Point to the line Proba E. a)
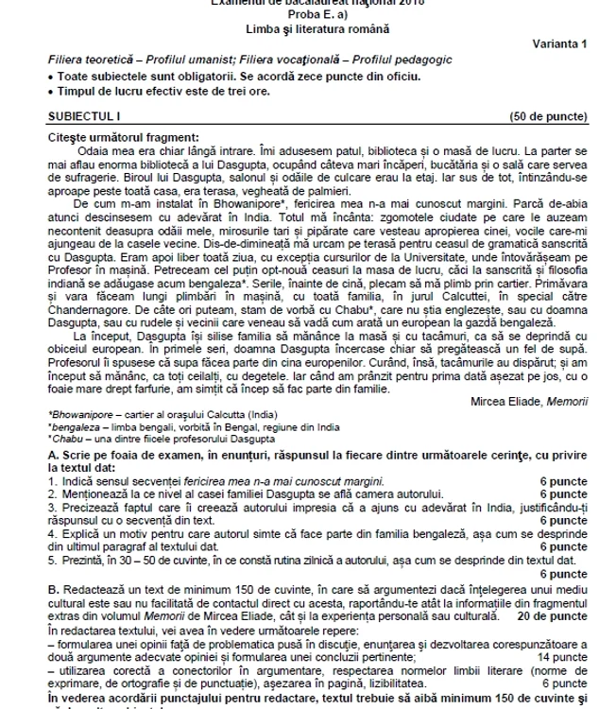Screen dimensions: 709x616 pos(308,15)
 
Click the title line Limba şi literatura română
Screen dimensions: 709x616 pos(308,29)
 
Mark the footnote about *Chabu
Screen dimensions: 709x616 pos(151,438)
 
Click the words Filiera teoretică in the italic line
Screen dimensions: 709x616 pos(91,60)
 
